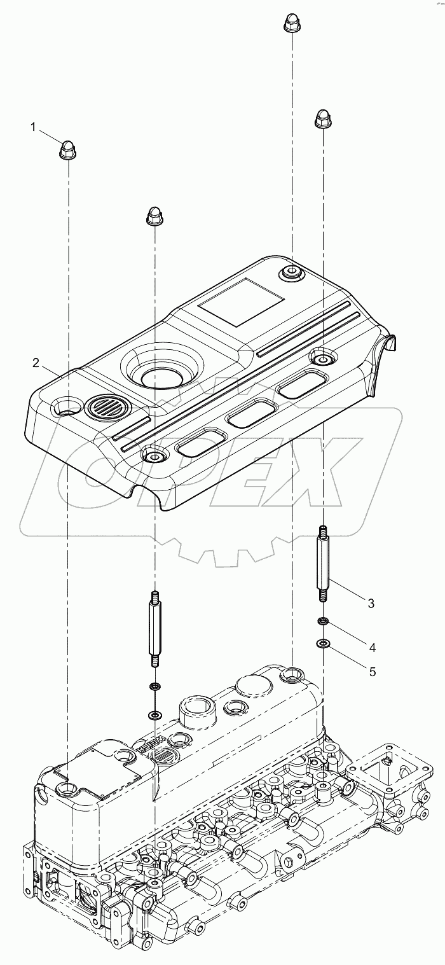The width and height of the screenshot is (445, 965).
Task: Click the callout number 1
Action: click(34, 127)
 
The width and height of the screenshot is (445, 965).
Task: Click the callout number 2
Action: click(37, 363)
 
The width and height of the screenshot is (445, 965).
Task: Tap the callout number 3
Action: click(371, 602)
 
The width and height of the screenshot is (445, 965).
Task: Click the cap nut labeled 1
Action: click(67, 150)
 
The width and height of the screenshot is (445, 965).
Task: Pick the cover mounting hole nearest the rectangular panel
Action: click(292, 274)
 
